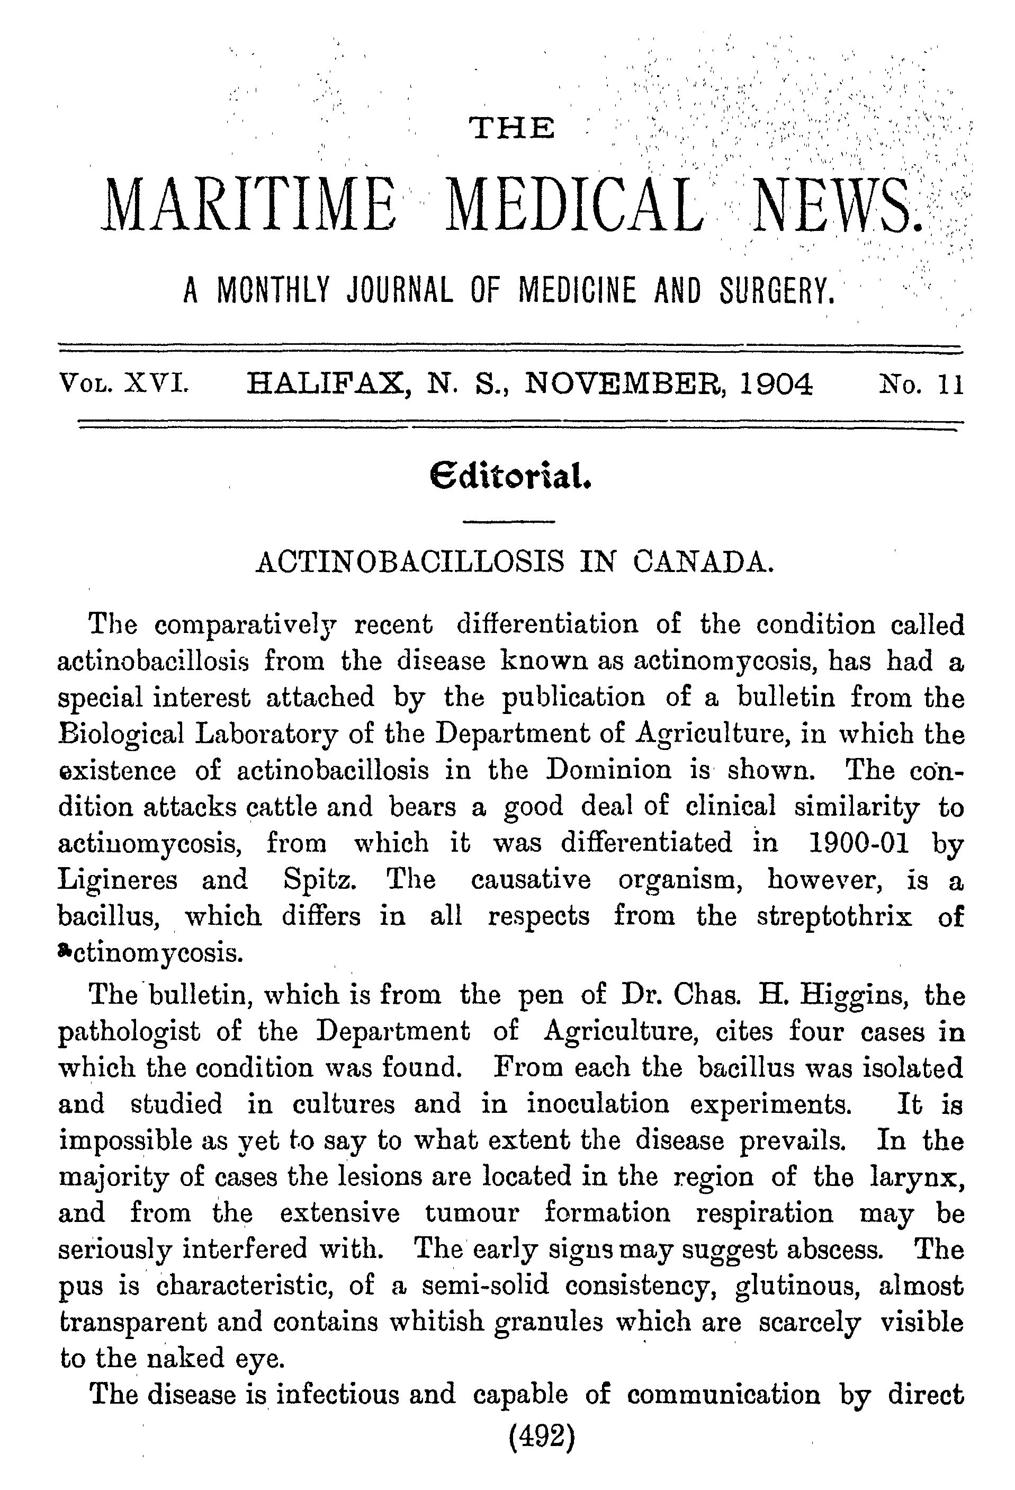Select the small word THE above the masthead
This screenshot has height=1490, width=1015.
coord(512,128)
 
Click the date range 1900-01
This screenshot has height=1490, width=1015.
coord(859,842)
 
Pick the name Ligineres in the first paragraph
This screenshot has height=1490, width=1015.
coord(117,880)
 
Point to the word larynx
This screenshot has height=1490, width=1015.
coord(918,1177)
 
